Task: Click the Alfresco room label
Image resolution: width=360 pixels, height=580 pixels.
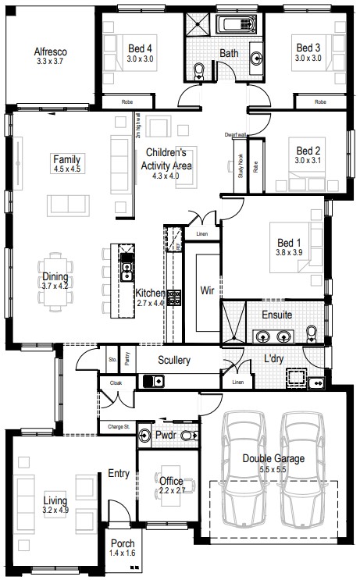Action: (x=51, y=53)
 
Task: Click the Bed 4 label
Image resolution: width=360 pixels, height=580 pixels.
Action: (x=141, y=48)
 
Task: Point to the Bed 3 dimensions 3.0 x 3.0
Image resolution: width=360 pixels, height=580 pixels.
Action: (x=308, y=58)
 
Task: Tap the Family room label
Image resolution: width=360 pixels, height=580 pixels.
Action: (x=66, y=158)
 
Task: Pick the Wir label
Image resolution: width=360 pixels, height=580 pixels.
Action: (x=207, y=290)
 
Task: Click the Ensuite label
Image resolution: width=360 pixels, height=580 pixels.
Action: (x=276, y=315)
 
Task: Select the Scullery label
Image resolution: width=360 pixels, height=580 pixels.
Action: (x=173, y=360)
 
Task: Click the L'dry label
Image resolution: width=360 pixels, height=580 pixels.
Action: (x=273, y=358)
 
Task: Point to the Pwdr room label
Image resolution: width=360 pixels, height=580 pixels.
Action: (x=164, y=435)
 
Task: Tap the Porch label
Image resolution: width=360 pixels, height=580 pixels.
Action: (x=123, y=543)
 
